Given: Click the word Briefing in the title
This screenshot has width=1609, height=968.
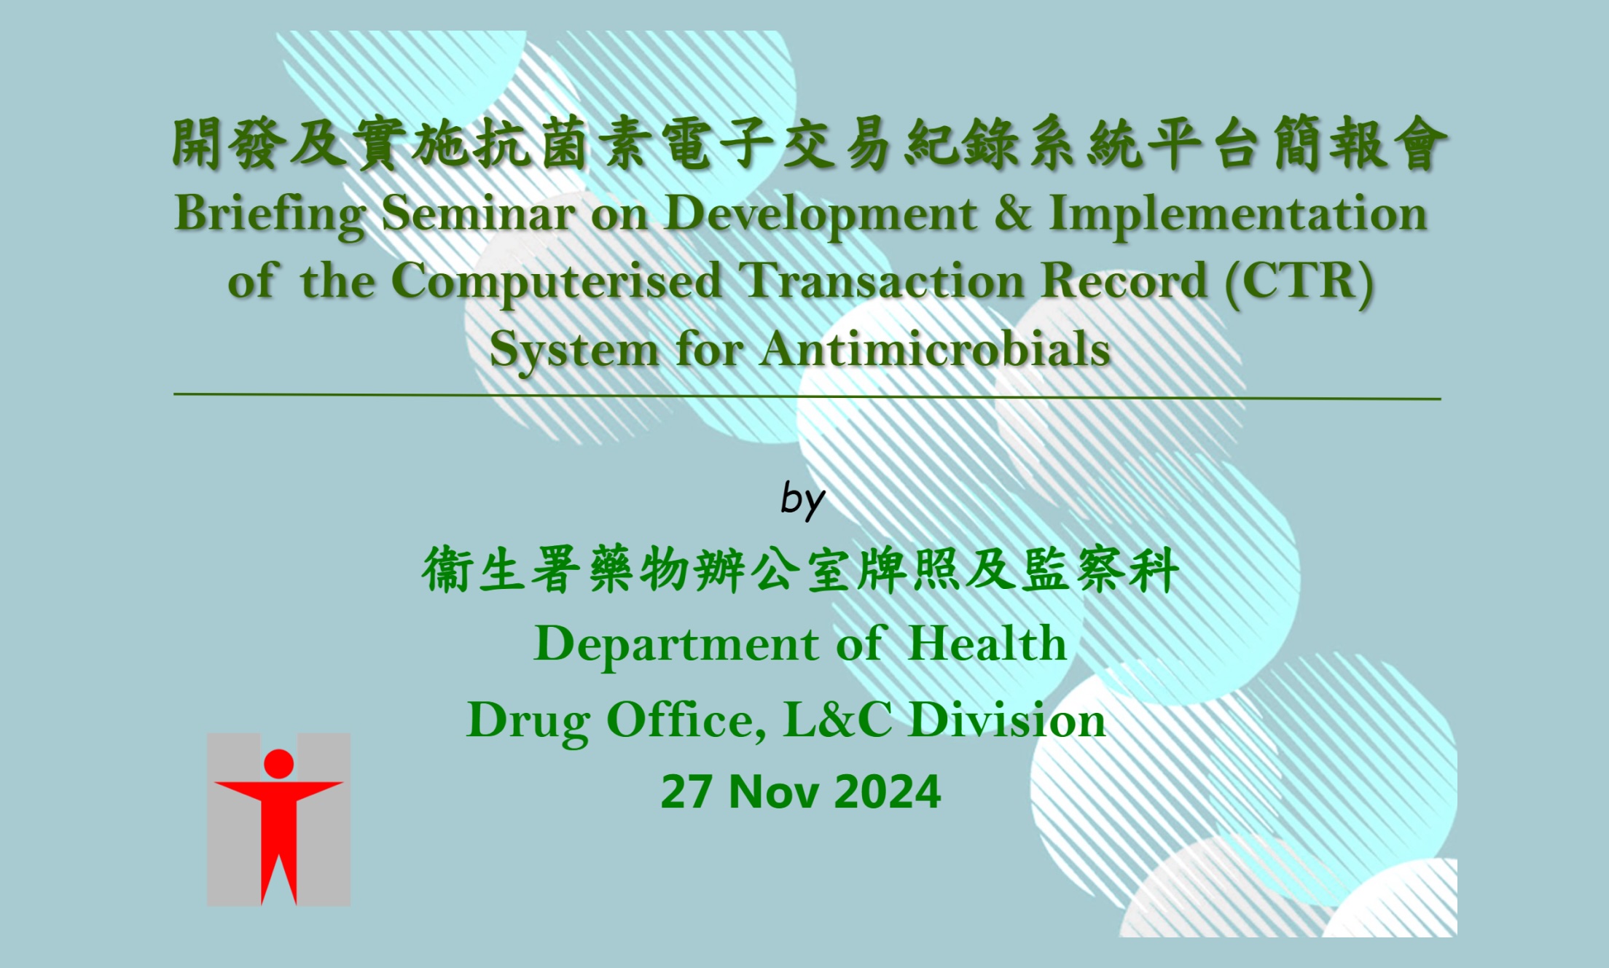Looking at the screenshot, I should (x=270, y=215).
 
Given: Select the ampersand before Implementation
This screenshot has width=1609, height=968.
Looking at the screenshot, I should (x=1012, y=214).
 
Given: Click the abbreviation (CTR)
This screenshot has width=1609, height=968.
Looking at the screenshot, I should (x=1300, y=282).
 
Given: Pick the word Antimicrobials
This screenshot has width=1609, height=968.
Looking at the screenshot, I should (x=935, y=350).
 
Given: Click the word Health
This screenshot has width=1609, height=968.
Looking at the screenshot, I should (x=987, y=644).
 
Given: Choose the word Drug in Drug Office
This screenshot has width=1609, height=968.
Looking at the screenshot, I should (x=528, y=722).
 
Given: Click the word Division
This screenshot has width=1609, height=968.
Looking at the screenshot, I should (x=1008, y=720).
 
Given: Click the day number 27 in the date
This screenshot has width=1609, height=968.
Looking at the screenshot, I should (x=686, y=792).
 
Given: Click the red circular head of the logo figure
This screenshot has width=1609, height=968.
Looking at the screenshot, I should (x=278, y=763).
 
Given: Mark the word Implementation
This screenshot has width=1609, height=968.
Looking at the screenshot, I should (x=1237, y=214).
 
